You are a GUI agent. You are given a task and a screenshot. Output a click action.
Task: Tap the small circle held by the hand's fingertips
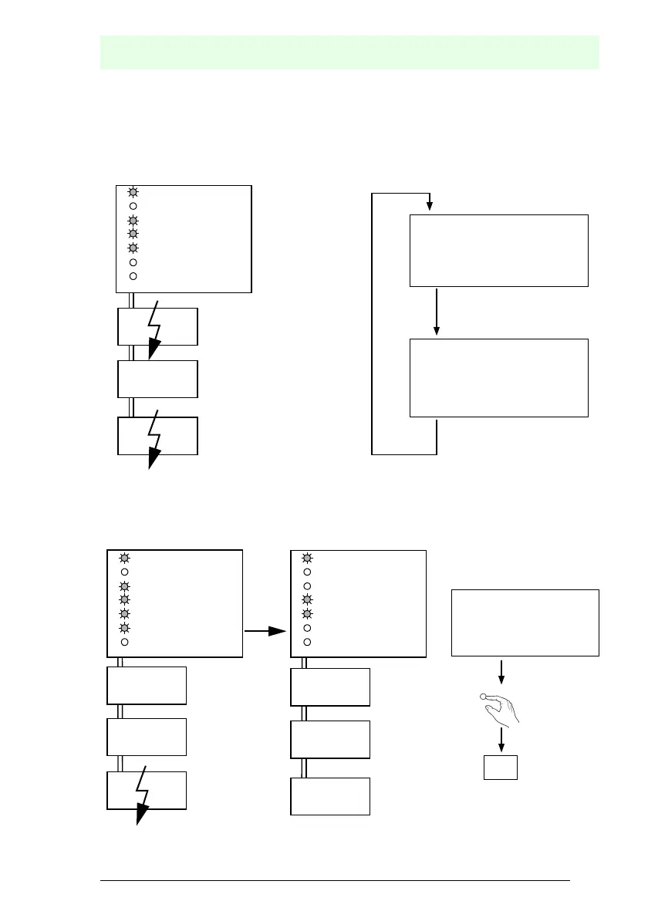coord(484,698)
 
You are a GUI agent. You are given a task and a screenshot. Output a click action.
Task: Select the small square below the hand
coord(500,768)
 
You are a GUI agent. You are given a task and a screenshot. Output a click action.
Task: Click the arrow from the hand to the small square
coord(502,740)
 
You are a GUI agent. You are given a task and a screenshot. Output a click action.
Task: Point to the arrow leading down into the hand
coord(502,670)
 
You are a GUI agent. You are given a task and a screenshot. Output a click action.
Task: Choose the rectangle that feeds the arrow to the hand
coord(525,623)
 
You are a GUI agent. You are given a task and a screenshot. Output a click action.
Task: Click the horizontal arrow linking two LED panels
coord(266,631)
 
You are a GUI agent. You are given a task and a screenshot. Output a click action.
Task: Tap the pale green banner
coord(349,52)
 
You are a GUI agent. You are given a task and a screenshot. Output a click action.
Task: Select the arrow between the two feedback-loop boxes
coord(437,312)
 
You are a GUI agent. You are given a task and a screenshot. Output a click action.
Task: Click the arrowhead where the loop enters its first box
coord(430,206)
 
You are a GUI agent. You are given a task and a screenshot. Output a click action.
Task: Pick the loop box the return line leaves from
coord(498,377)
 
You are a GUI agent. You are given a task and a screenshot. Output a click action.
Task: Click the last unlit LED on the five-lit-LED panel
coord(124,642)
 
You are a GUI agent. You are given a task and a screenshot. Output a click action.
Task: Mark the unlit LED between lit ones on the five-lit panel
coord(124,572)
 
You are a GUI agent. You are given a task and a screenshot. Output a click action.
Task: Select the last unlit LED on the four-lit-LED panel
coord(133,275)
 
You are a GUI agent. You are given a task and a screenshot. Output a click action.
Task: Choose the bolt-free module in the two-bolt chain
coord(157,379)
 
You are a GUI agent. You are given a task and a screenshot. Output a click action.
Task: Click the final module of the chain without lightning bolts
coord(330,796)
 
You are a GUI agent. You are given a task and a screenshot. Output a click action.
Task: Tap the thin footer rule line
coord(335,879)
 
